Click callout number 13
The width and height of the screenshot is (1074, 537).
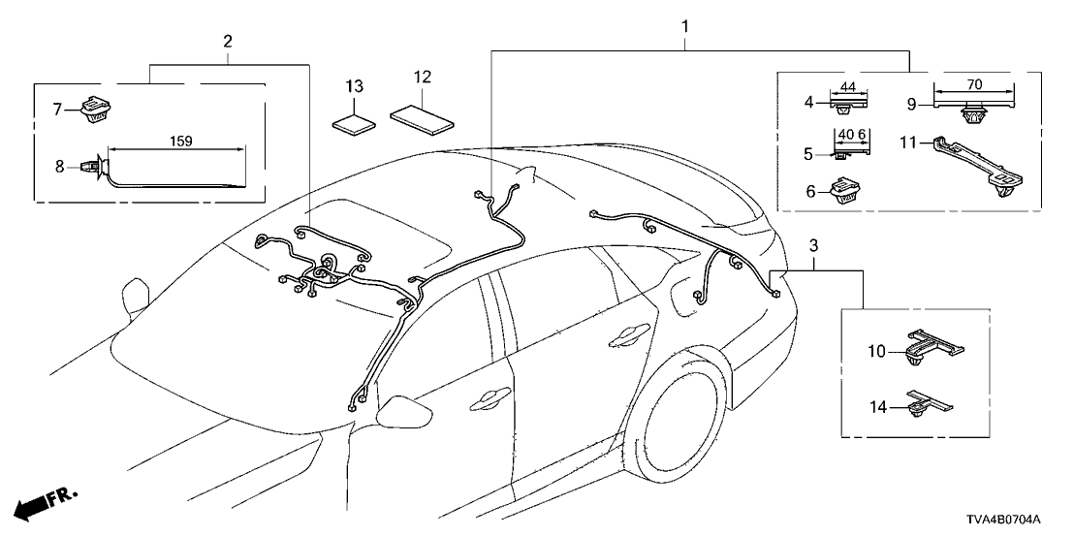(x=354, y=87)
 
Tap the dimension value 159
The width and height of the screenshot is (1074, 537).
(x=181, y=141)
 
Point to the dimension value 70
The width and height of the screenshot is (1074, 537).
(x=975, y=85)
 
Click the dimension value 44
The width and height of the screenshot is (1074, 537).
(x=848, y=87)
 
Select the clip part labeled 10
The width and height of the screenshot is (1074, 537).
(x=932, y=346)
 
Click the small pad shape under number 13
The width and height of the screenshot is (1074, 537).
(x=354, y=123)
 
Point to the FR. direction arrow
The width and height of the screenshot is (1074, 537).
(x=47, y=504)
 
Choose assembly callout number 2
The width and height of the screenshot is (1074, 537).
(x=227, y=41)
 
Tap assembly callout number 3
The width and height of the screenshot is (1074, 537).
(x=813, y=245)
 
